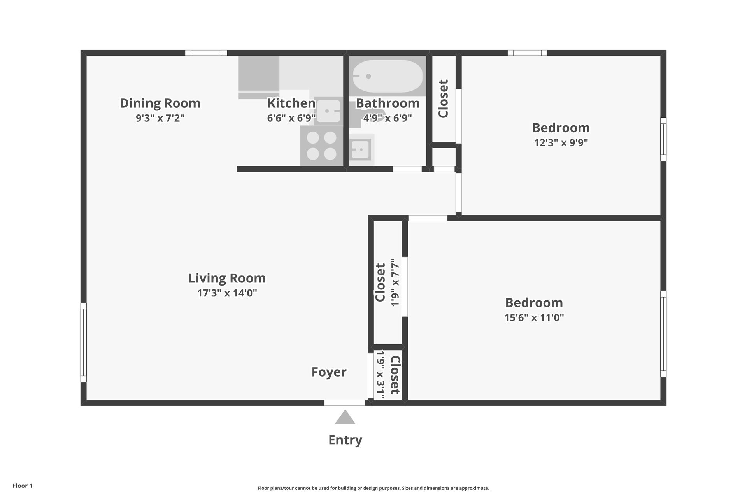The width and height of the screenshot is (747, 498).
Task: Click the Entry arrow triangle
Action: coord(345,418)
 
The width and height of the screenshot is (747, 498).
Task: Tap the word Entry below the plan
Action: coord(345,440)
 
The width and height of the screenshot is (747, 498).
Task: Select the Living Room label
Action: coord(227,278)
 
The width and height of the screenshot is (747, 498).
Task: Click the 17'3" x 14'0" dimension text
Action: coord(227,293)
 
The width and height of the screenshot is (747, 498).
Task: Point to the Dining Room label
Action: coord(160,103)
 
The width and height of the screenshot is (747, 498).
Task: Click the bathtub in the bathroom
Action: coord(387,76)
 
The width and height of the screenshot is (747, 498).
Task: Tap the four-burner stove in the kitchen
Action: coord(321,146)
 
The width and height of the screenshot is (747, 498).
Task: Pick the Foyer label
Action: coord(329,372)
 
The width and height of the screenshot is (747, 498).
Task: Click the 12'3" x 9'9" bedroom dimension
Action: coord(561,142)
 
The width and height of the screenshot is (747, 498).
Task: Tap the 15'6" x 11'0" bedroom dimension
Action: coord(534,317)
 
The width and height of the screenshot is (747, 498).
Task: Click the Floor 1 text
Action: coord(22,486)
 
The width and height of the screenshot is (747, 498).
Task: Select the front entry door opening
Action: coord(345,403)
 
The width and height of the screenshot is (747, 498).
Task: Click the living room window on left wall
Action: coord(83,342)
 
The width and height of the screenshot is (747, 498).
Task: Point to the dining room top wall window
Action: coord(206,53)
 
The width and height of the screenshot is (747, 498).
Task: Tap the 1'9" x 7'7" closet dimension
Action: coord(395,282)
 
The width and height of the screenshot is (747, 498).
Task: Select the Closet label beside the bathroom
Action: coord(443,98)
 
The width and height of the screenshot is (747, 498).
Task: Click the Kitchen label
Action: coord(291,103)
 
